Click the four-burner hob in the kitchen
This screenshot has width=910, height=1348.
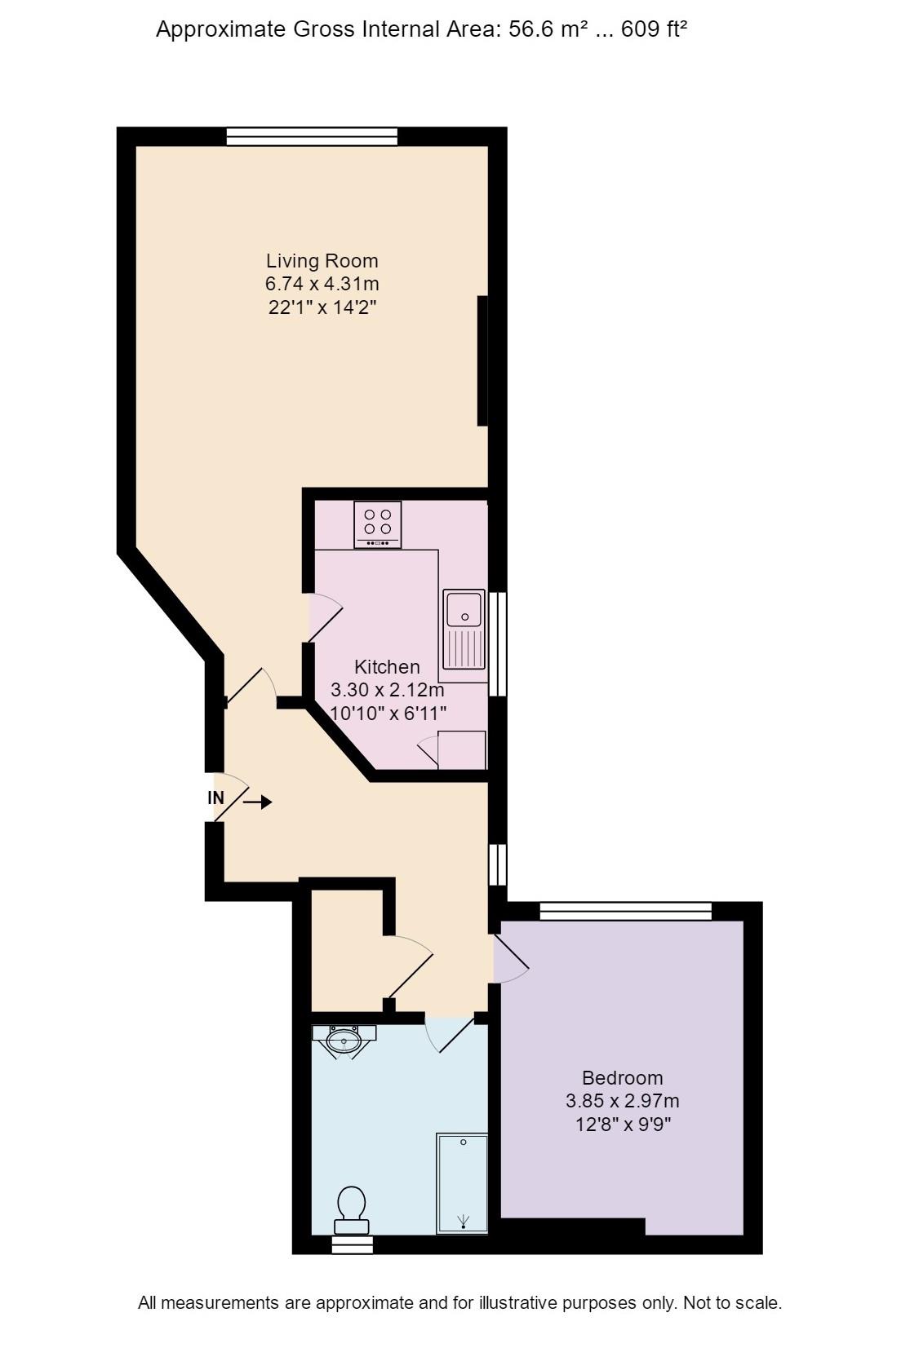(x=377, y=524)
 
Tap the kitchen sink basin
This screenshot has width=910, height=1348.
(x=464, y=609)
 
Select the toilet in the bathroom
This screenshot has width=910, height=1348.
(x=351, y=1210)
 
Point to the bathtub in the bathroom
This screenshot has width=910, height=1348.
(x=462, y=1182)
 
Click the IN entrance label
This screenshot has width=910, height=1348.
(x=215, y=798)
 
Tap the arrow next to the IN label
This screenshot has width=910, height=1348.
(x=257, y=802)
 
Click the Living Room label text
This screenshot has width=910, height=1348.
(x=322, y=261)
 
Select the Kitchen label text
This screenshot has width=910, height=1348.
(x=387, y=666)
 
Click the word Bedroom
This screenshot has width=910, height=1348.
(x=622, y=1077)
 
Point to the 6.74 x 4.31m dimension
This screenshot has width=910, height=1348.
(x=322, y=284)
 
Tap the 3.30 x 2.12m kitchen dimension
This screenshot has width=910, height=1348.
(x=387, y=690)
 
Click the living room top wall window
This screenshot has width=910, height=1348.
(x=311, y=136)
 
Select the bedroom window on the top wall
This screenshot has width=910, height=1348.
(x=625, y=911)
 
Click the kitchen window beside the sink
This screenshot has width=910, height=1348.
(x=498, y=644)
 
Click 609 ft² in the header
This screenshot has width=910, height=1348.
(x=654, y=30)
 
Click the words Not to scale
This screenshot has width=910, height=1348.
(x=732, y=1302)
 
